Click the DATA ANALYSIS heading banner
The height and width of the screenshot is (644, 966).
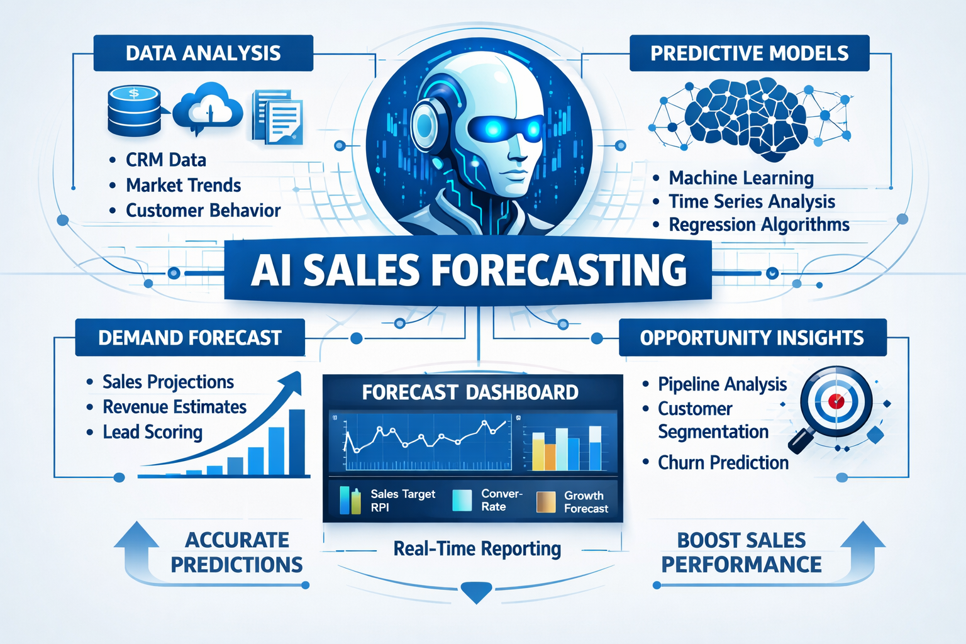[203, 53]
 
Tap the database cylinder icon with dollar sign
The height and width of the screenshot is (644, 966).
[133, 111]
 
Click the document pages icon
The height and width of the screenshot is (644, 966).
[277, 117]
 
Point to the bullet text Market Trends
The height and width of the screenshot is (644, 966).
[183, 185]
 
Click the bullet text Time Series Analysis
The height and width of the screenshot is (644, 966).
[752, 201]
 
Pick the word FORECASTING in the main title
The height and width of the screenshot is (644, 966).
[559, 270]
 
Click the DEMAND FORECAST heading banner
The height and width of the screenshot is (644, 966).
[189, 338]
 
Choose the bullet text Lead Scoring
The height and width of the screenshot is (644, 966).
[152, 432]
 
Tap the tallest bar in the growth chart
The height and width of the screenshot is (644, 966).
[296, 441]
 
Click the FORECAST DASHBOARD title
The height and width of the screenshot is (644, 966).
[470, 392]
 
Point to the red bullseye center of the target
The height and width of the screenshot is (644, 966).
[836, 401]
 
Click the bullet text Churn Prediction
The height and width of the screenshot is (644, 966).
[723, 463]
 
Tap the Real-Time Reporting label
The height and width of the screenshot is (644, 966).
[477, 549]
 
